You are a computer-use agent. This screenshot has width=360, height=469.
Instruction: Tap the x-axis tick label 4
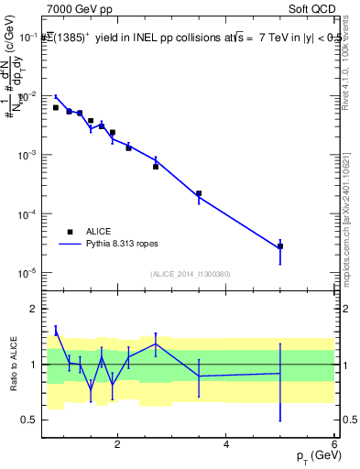(225, 444)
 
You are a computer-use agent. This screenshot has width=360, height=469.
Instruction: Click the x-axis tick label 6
(333, 444)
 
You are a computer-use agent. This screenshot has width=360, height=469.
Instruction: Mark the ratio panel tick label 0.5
(30, 420)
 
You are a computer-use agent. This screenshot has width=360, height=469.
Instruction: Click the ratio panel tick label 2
(35, 309)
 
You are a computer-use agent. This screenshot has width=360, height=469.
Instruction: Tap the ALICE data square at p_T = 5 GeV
(280, 246)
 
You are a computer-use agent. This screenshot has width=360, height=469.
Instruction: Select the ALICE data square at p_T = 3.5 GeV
(199, 193)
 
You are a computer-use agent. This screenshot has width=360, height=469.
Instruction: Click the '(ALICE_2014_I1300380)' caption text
(189, 274)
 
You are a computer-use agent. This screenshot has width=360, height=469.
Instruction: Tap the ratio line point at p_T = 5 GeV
(280, 373)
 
